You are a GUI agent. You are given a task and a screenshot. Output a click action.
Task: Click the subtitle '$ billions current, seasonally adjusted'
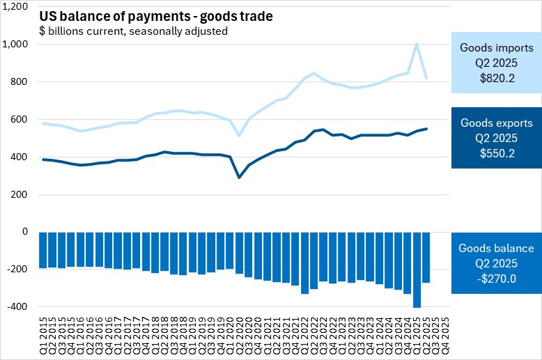tap(133, 31)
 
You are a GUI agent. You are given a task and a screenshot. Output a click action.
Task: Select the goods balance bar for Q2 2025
tap(426, 257)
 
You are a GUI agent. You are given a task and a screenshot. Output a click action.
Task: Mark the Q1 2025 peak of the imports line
tap(417, 44)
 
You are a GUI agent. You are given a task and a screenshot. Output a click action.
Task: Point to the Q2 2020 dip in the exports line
tap(239, 178)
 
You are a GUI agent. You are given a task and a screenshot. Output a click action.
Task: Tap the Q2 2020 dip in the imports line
tap(239, 135)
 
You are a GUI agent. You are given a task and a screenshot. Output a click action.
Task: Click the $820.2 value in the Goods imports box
tap(497, 78)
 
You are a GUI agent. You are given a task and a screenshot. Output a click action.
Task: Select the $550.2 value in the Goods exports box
tap(497, 153)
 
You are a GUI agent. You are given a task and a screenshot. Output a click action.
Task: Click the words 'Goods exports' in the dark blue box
tap(497, 123)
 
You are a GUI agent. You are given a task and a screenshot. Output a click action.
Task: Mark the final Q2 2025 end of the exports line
tap(426, 129)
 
